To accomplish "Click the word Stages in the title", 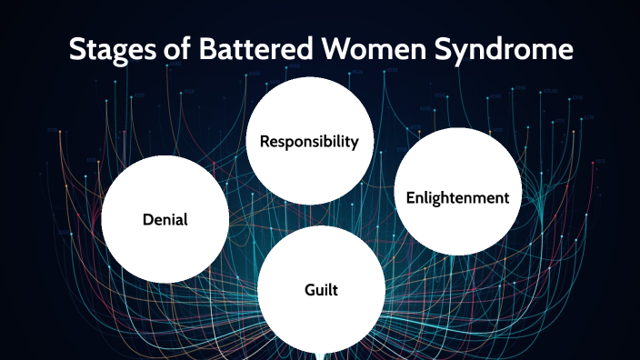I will (107, 49).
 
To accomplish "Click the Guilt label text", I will (321, 289).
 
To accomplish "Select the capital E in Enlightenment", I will (409, 197).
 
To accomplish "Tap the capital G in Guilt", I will (309, 289).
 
